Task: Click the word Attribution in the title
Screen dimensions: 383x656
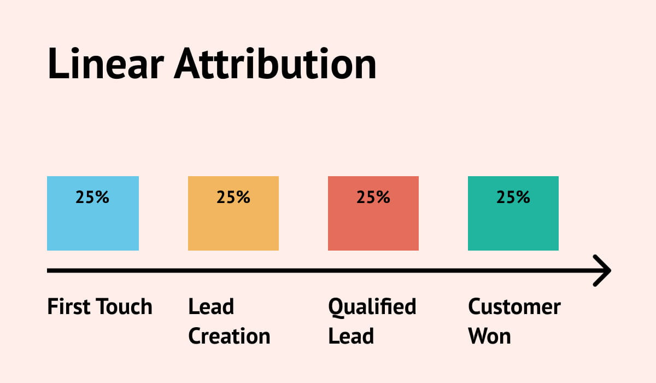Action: tap(276, 63)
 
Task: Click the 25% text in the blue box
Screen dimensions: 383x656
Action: tap(93, 197)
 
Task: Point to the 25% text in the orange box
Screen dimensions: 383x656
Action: tap(233, 197)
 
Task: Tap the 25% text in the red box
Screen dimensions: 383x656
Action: tap(373, 197)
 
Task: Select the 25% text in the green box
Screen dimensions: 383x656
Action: tap(513, 197)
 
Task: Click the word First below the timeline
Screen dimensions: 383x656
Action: tap(68, 307)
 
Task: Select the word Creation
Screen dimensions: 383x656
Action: tap(229, 336)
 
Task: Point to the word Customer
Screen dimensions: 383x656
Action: tap(514, 307)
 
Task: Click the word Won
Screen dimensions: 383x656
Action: tap(489, 336)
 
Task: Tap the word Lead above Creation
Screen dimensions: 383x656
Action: tap(211, 307)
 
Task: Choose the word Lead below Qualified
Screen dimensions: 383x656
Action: tap(351, 336)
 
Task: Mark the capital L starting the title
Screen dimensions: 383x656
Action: tap(57, 63)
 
